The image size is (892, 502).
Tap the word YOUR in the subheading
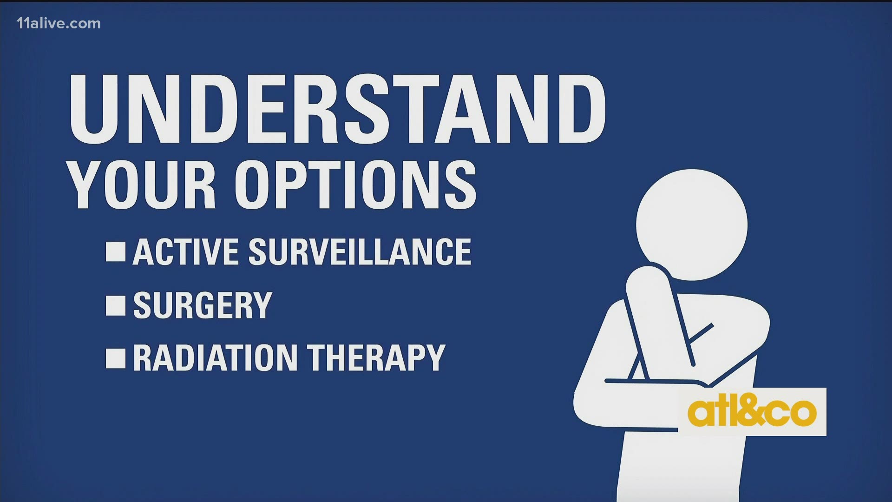(x=143, y=185)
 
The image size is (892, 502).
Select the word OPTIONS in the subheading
(x=355, y=185)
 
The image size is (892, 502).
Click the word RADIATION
(x=215, y=358)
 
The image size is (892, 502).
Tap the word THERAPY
(x=376, y=358)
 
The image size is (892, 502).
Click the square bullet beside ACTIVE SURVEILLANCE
(x=116, y=251)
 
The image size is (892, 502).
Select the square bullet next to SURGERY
(x=116, y=305)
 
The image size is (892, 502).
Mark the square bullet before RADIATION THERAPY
(x=116, y=358)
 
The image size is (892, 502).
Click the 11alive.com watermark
(x=59, y=24)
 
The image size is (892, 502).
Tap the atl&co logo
(x=752, y=412)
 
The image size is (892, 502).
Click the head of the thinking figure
(x=692, y=225)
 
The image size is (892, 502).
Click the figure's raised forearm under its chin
(x=660, y=316)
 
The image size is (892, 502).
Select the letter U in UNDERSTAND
(x=96, y=109)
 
